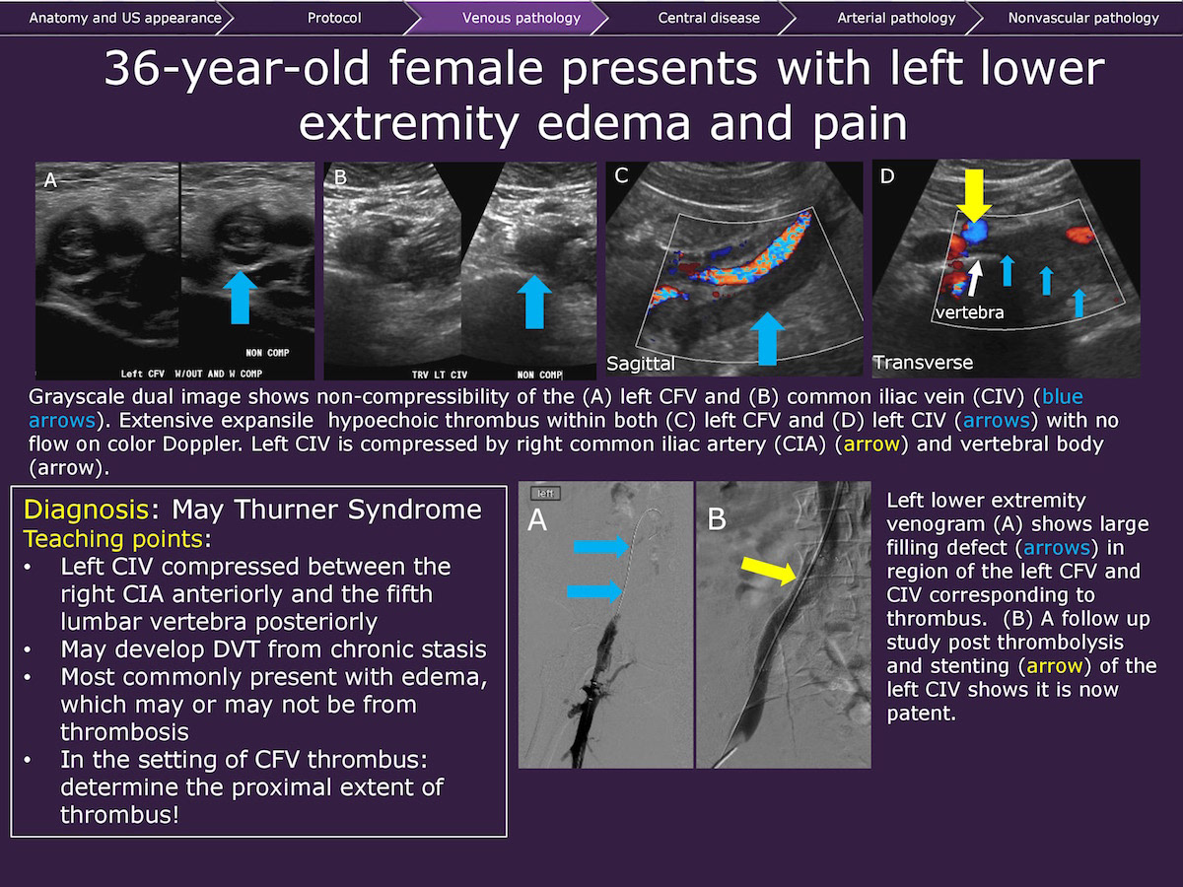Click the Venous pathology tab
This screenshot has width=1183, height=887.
(x=522, y=18)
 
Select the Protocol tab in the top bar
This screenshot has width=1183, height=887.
(x=334, y=18)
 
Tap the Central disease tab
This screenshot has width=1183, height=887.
(x=709, y=18)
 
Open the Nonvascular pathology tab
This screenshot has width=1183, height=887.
(x=1083, y=18)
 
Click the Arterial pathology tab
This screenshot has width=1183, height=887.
(x=896, y=18)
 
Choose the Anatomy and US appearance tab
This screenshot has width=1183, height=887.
(x=125, y=18)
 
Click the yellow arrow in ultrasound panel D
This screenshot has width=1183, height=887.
(x=974, y=195)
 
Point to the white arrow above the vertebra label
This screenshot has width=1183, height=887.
(x=974, y=278)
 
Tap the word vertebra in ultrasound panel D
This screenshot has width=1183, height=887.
(x=970, y=312)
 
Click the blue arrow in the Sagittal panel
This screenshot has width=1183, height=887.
(x=767, y=339)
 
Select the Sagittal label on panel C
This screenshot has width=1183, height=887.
(x=641, y=364)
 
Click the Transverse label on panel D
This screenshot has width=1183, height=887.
(x=923, y=363)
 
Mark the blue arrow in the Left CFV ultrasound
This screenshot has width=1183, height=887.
(x=241, y=298)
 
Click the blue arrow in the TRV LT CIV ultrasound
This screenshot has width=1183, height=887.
(x=534, y=303)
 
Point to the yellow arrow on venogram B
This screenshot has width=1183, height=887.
(x=769, y=571)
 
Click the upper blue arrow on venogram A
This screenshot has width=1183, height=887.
(x=601, y=547)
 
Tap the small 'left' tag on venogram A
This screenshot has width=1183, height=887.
(x=545, y=494)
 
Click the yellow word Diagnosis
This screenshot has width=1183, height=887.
(x=86, y=510)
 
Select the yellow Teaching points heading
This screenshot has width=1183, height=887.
(x=113, y=539)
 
